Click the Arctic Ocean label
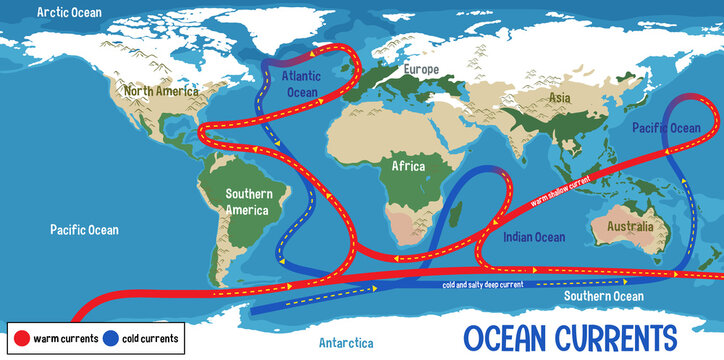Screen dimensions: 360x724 coord(70,12)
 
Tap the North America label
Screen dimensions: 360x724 coord(157,90)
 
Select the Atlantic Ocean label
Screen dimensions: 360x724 coord(300,83)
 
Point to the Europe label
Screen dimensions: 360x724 coord(422,70)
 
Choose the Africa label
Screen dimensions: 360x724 coord(408,166)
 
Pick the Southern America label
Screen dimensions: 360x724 coord(246,202)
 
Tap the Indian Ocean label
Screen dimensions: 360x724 coord(533,237)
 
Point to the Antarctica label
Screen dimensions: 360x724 coord(346,343)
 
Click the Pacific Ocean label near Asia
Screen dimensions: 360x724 coord(666,128)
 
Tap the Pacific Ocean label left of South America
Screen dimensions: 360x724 coord(84,230)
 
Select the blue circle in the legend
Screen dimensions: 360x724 coord(111,338)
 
